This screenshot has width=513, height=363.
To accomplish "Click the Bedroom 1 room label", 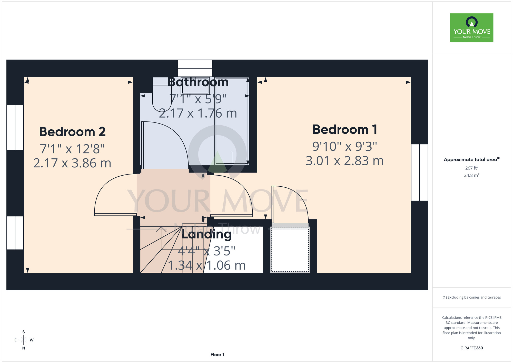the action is pyautogui.click(x=345, y=129).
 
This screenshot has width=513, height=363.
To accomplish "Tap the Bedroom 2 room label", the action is pyautogui.click(x=72, y=132).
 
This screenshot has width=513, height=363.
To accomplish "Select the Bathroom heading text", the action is pyautogui.click(x=198, y=82).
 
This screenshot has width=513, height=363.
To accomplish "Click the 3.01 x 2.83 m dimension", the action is pyautogui.click(x=345, y=161).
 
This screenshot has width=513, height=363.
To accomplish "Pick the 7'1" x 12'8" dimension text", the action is pyautogui.click(x=72, y=149).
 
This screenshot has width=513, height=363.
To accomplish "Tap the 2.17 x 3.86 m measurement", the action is pyautogui.click(x=72, y=163).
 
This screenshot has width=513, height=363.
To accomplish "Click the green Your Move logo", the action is pyautogui.click(x=472, y=28).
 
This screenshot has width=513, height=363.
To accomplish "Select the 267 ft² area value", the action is pyautogui.click(x=472, y=168).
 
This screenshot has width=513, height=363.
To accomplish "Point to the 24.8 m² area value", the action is pyautogui.click(x=472, y=175).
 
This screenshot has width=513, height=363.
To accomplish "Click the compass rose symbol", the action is pyautogui.click(x=24, y=340).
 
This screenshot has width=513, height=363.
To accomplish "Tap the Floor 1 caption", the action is pyautogui.click(x=217, y=355).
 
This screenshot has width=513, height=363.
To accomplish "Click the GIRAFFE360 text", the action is pyautogui.click(x=472, y=348).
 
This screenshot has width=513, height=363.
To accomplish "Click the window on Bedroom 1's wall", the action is pyautogui.click(x=420, y=172).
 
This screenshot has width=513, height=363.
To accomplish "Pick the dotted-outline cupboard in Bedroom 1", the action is pyautogui.click(x=290, y=250).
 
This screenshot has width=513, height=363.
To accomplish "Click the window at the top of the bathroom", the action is pyautogui.click(x=195, y=68).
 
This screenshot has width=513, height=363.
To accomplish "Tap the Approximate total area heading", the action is pyautogui.click(x=472, y=159).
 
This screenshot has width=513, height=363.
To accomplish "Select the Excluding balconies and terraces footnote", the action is pyautogui.click(x=472, y=297).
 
